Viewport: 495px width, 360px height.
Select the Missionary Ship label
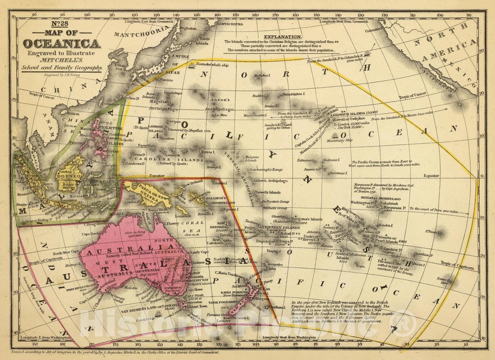tap(339, 140)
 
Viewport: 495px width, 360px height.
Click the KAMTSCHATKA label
tap(230, 24)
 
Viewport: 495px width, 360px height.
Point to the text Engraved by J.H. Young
tap(62, 75)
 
